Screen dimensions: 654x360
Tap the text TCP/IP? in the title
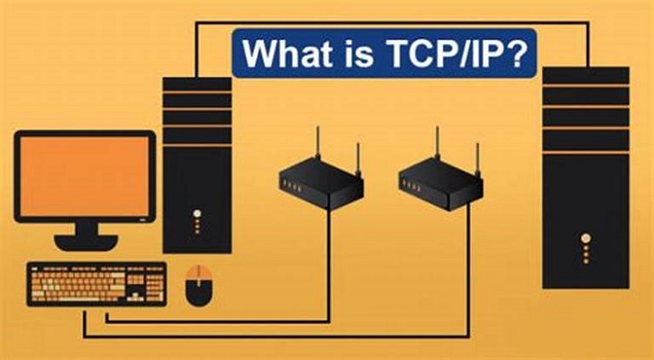pos(453,53)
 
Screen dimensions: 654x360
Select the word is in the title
pos(358,53)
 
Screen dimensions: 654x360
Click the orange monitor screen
pos(85,176)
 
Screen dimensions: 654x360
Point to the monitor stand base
pos(86,242)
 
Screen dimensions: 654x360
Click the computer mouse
pos(199,286)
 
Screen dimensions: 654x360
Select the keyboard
pos(97,284)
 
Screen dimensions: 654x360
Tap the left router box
pos(321,184)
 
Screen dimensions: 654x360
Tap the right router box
pos(441,184)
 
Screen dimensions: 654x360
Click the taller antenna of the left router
pos(317,142)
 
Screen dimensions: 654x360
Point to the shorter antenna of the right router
pos(478,159)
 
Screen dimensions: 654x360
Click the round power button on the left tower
pos(197,214)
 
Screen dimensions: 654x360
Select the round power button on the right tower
pos(586,238)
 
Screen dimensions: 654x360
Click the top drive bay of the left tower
pos(197,84)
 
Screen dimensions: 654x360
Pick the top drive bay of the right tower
pos(586,75)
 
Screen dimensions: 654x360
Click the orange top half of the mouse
pos(199,274)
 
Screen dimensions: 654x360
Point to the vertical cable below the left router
pos(329,264)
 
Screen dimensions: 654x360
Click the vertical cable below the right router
pos(468,268)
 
